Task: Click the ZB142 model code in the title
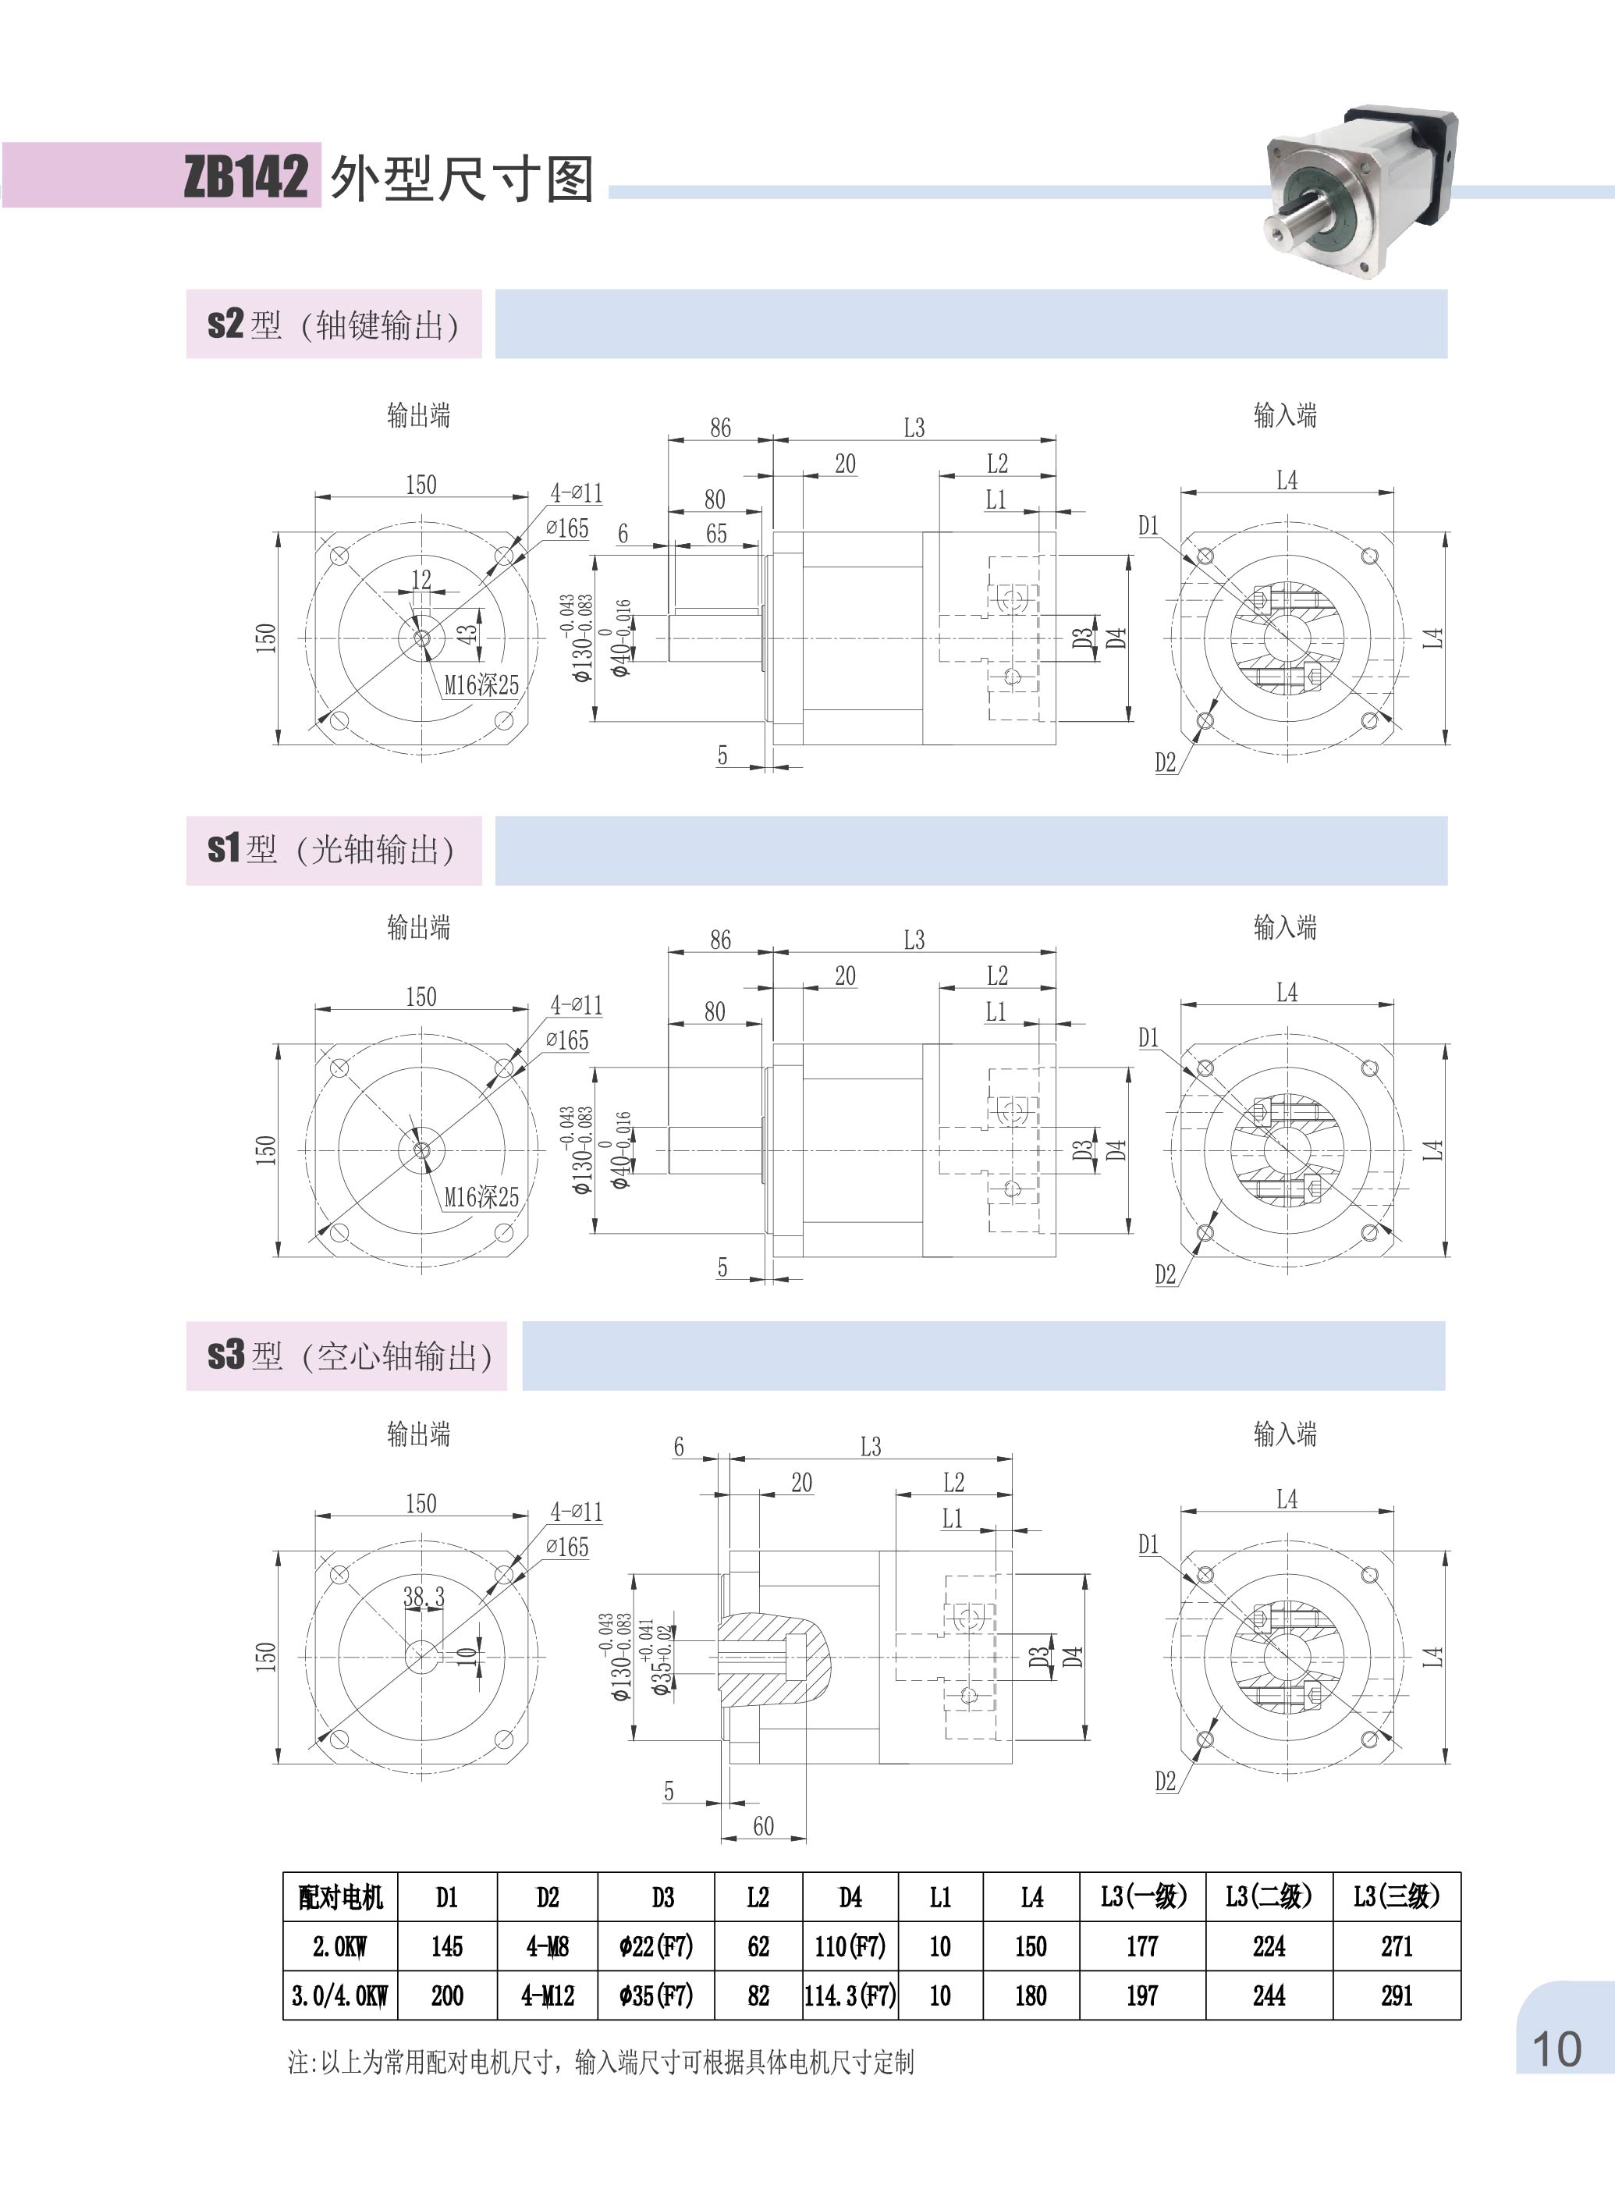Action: pyautogui.click(x=246, y=177)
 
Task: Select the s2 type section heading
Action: pyautogui.click(x=332, y=325)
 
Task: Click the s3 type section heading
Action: pyautogui.click(x=347, y=1356)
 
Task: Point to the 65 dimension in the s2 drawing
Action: pyautogui.click(x=715, y=534)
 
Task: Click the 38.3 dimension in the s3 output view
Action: pyautogui.click(x=424, y=1597)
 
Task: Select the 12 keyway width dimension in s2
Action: pyautogui.click(x=421, y=579)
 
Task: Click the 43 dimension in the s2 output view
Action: pyautogui.click(x=467, y=633)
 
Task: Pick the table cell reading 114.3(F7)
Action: pyautogui.click(x=850, y=1995)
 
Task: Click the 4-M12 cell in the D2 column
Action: pyautogui.click(x=548, y=1995)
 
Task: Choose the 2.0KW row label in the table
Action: pyautogui.click(x=339, y=1946)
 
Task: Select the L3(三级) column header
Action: pyautogui.click(x=1395, y=1896)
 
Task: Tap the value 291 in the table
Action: pyautogui.click(x=1395, y=1995)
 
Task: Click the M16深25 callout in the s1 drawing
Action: pyautogui.click(x=481, y=1196)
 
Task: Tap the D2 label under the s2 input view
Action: pyautogui.click(x=1164, y=762)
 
